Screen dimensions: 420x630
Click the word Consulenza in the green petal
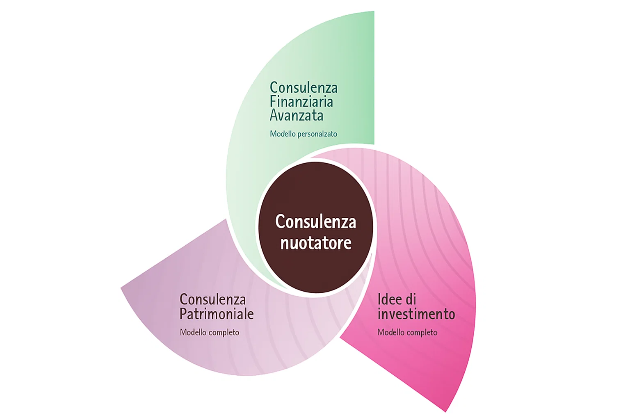coord(304,88)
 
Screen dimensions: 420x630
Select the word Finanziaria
coord(301,102)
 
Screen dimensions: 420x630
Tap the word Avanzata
coord(297,116)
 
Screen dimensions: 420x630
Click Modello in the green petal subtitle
coord(283,134)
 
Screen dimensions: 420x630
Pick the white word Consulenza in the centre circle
coord(315,222)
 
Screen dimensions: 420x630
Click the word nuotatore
coord(316,243)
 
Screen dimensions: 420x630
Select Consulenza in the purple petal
coord(212,299)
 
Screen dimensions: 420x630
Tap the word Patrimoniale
coord(217,314)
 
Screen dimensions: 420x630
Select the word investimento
coord(416,314)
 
